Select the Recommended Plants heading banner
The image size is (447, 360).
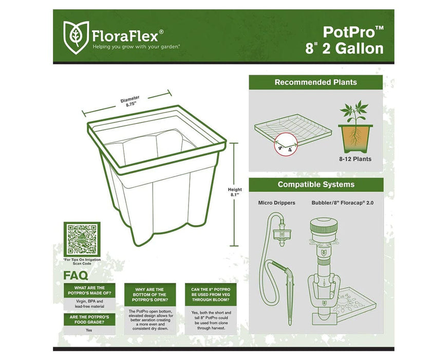(x=315, y=82)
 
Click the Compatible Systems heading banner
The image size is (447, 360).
(x=315, y=185)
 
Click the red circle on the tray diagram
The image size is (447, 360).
(x=281, y=145)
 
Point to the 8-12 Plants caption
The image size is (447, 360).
(x=355, y=159)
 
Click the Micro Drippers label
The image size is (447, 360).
(x=276, y=203)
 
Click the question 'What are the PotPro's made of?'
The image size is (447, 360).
(x=86, y=291)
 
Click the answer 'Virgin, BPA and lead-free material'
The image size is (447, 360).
(x=86, y=304)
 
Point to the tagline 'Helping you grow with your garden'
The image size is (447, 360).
(x=136, y=46)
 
